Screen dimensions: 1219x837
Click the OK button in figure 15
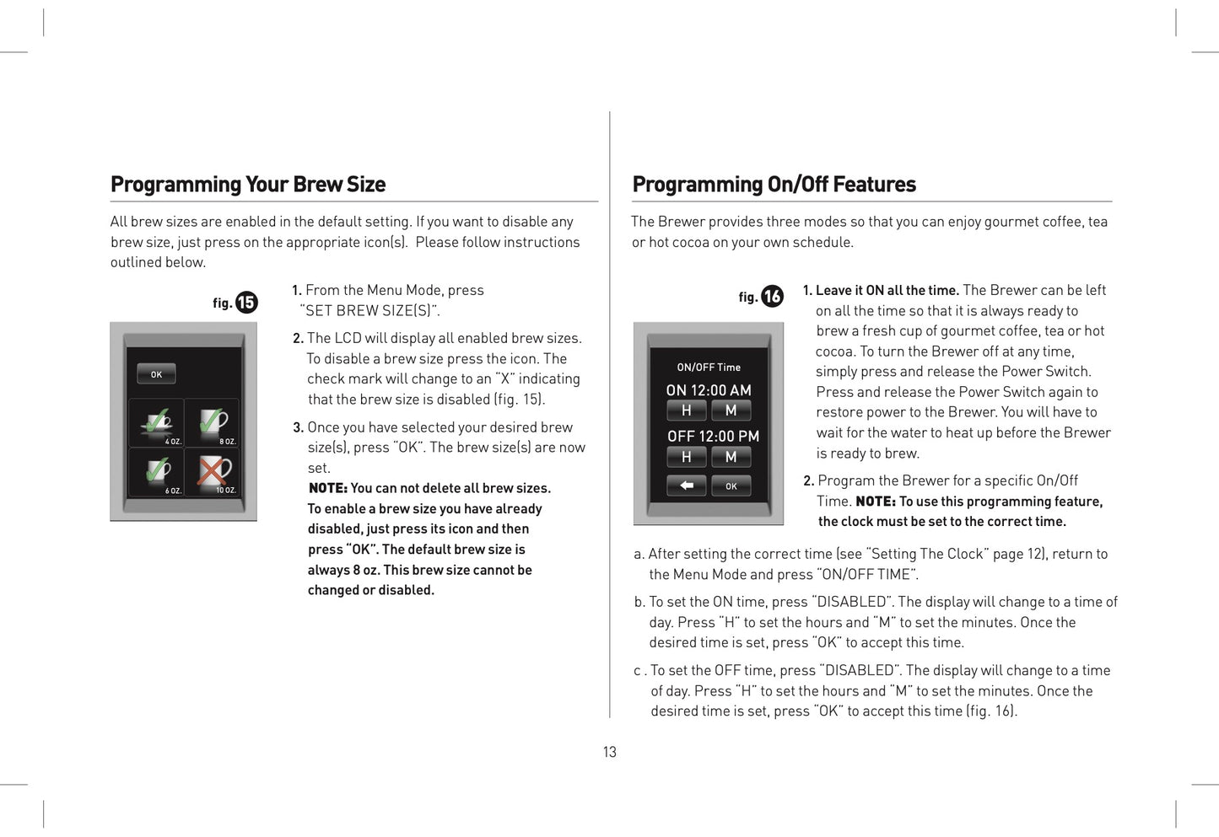[x=156, y=373]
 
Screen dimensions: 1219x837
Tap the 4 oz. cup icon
[x=156, y=423]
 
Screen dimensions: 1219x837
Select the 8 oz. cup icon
[x=212, y=423]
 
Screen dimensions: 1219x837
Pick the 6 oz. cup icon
[x=156, y=472]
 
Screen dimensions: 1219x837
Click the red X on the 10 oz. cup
[x=213, y=470]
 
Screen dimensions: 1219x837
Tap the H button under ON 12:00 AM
[x=687, y=410]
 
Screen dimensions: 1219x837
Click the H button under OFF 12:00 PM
[x=687, y=457]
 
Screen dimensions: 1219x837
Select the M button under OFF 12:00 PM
[x=731, y=457]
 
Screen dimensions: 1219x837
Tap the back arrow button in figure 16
[x=687, y=486]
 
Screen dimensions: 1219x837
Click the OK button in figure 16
[x=731, y=486]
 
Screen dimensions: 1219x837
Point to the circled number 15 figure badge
[x=246, y=303]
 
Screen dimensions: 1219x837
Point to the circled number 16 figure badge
[x=772, y=297]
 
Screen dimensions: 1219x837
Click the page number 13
[x=609, y=752]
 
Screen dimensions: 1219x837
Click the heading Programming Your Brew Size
[x=248, y=185]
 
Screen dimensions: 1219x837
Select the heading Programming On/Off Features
[x=774, y=185]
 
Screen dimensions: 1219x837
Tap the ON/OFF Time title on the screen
[x=709, y=368]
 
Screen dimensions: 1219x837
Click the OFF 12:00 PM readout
[x=713, y=436]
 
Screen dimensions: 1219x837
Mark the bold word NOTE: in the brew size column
[x=327, y=488]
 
